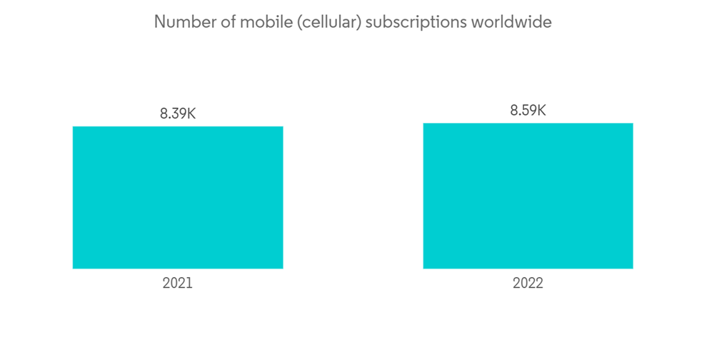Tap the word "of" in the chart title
point(226,22)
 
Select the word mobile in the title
point(264,22)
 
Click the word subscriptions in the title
point(418,23)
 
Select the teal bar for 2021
point(178,198)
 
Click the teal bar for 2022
point(528,196)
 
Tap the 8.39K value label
point(178,113)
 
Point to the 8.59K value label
point(528,110)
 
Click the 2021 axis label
point(178,283)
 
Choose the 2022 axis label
point(528,283)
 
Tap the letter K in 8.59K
point(541,110)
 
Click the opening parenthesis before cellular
point(296,23)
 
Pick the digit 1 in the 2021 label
point(189,283)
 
